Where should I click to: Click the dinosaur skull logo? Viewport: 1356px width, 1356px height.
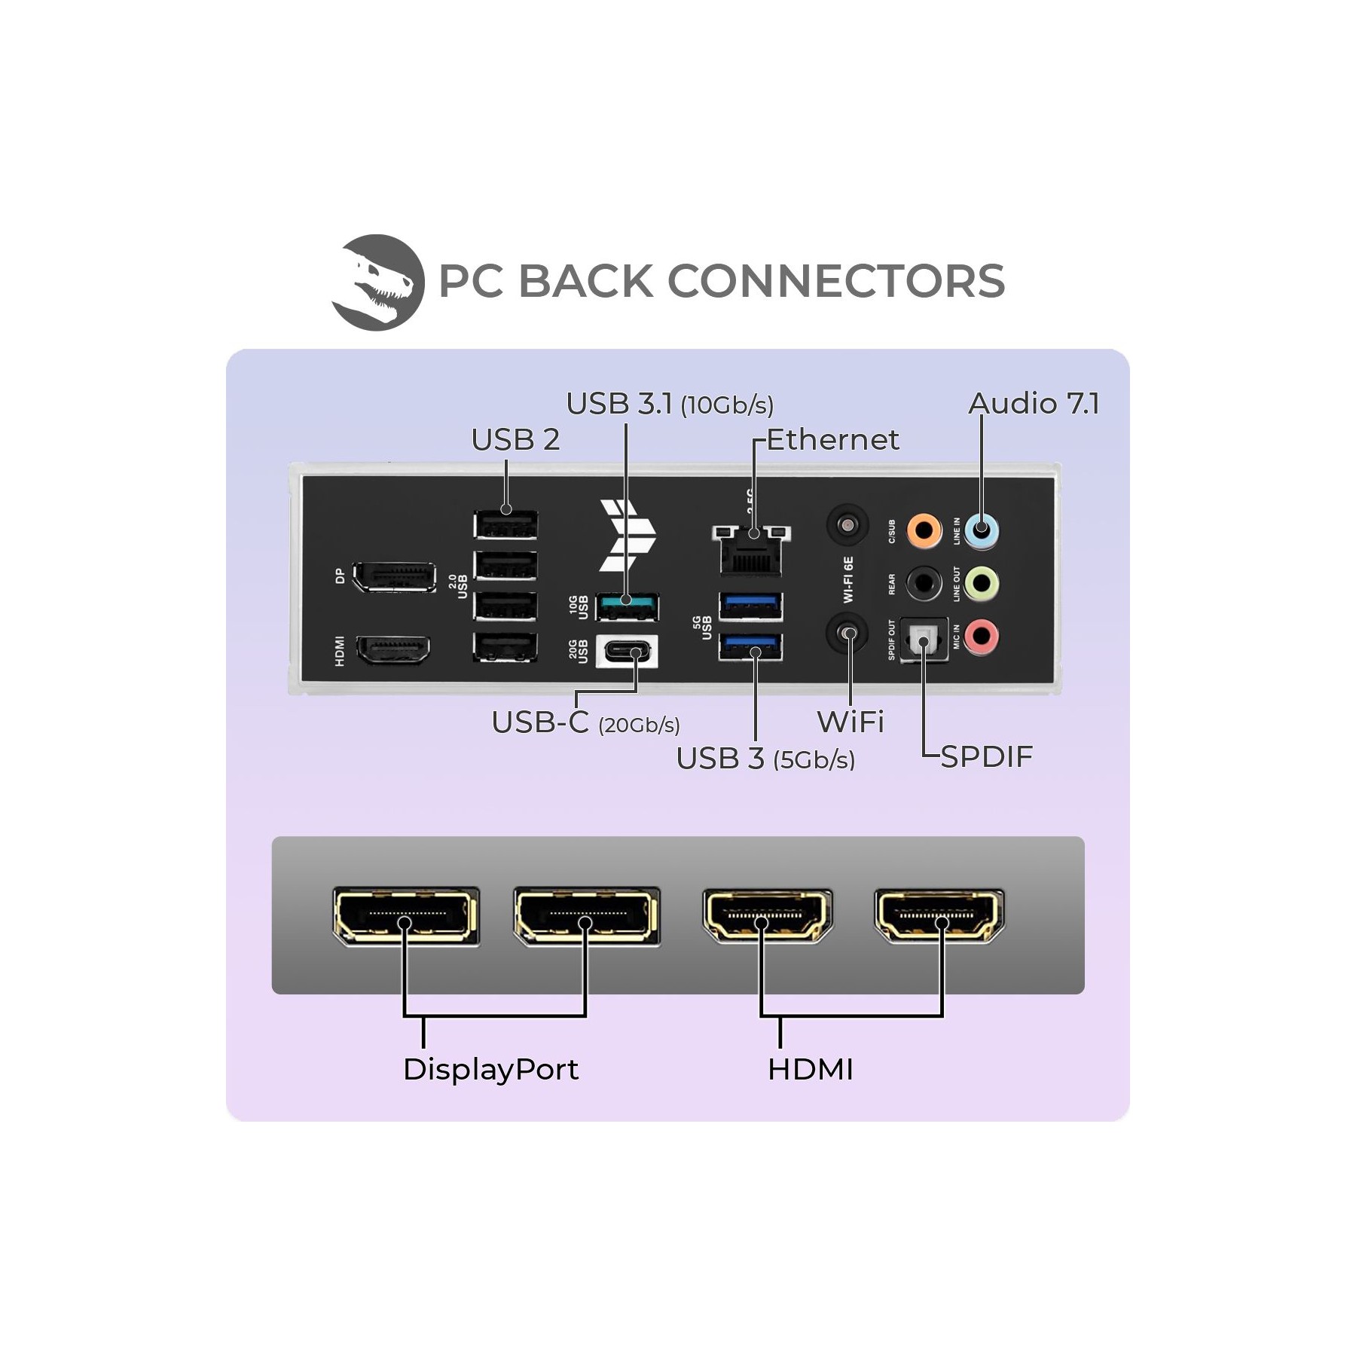(377, 282)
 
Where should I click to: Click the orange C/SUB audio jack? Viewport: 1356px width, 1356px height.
(924, 530)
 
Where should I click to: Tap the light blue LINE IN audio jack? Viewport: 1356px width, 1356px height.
(982, 530)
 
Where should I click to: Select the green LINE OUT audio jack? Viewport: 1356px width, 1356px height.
(982, 583)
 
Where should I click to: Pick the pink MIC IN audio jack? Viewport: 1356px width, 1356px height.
(982, 637)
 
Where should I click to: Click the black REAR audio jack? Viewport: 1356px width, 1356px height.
(924, 583)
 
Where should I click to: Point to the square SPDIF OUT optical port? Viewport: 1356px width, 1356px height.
(923, 641)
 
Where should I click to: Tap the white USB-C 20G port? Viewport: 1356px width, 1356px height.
(627, 652)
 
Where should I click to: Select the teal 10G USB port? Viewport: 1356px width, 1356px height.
(628, 606)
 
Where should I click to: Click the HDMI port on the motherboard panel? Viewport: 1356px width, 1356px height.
(393, 650)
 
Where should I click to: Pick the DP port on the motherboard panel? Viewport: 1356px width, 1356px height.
(394, 576)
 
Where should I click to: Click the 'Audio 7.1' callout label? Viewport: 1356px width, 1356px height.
(1034, 403)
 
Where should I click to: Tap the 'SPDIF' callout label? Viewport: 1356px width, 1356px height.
(987, 756)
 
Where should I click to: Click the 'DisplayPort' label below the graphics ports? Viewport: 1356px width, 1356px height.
(490, 1070)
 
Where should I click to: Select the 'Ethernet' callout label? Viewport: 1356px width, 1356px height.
(832, 439)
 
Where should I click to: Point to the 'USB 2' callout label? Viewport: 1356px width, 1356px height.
(515, 440)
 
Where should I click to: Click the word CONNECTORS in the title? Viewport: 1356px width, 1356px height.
(836, 281)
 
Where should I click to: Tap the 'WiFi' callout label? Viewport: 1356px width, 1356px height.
(851, 722)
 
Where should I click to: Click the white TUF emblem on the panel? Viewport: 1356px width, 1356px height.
(628, 535)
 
